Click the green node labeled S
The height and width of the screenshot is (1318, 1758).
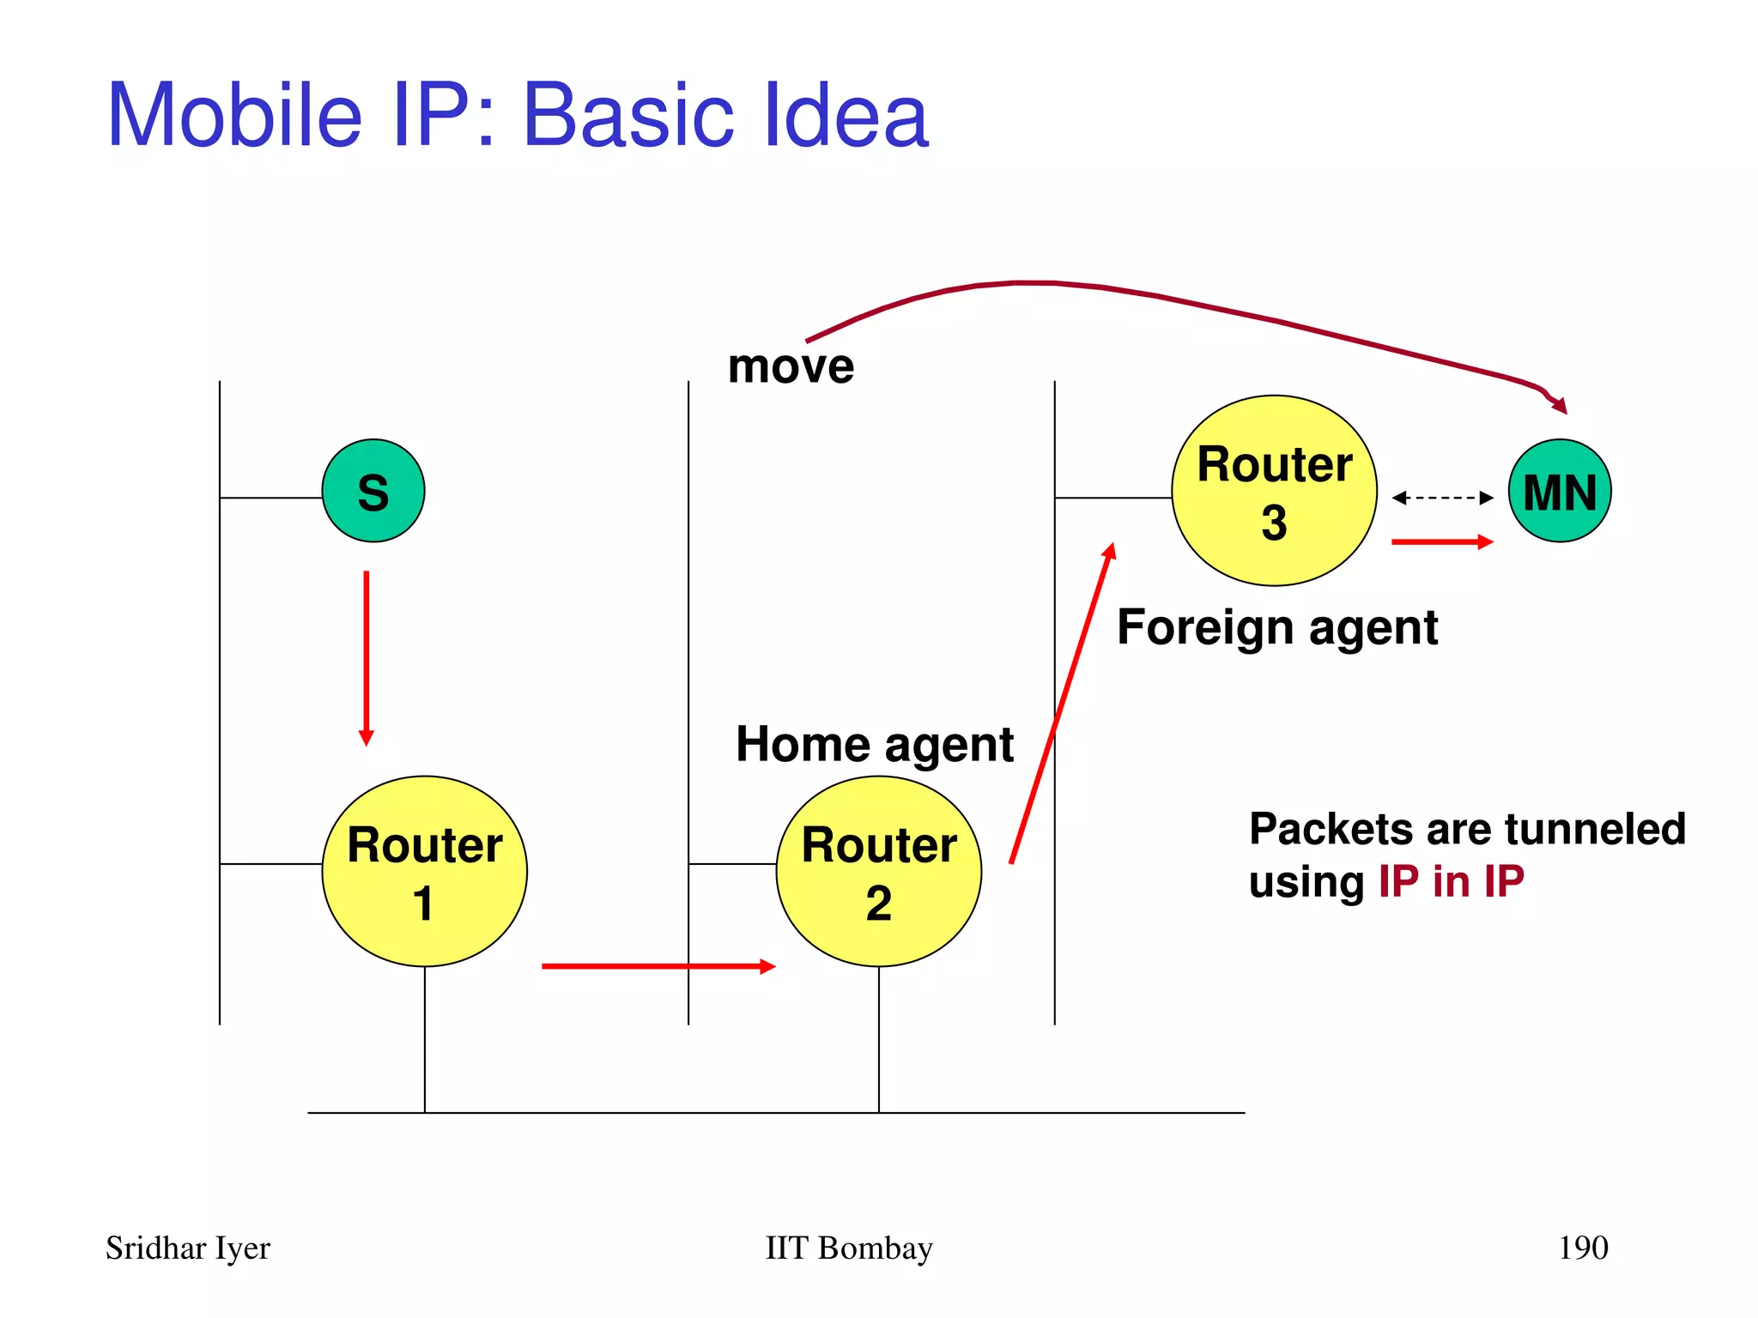pyautogui.click(x=373, y=491)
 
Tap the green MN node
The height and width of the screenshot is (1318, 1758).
pyautogui.click(x=1560, y=491)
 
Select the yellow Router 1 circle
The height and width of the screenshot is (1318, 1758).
pyautogui.click(x=425, y=872)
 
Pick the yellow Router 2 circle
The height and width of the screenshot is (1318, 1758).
pyautogui.click(x=879, y=872)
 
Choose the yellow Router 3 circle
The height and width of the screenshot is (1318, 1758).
pyautogui.click(x=1275, y=491)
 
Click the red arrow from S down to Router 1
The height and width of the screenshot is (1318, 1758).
pyautogui.click(x=367, y=657)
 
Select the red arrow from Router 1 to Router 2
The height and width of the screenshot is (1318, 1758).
pyautogui.click(x=658, y=966)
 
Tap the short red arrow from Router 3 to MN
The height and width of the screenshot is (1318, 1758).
pyautogui.click(x=1442, y=541)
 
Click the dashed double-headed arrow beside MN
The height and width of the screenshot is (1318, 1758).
pyautogui.click(x=1442, y=498)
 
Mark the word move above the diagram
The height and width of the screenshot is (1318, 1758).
pyautogui.click(x=791, y=367)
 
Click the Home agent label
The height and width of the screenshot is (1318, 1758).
pyautogui.click(x=875, y=744)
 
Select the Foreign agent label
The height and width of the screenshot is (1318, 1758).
pyautogui.click(x=1277, y=628)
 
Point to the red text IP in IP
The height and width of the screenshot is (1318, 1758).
pyautogui.click(x=1451, y=882)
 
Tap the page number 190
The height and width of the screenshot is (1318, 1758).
pyautogui.click(x=1583, y=1248)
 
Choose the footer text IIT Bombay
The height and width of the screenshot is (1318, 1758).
pyautogui.click(x=849, y=1248)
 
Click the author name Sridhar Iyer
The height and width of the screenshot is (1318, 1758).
pyautogui.click(x=188, y=1248)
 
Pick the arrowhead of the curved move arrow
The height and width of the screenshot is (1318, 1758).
pyautogui.click(x=1561, y=405)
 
